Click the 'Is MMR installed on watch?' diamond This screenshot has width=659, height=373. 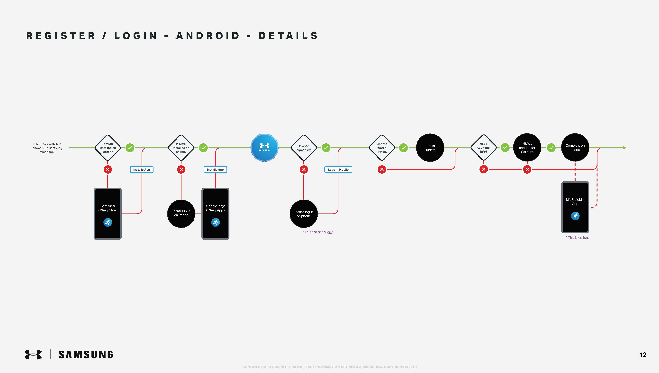(108, 148)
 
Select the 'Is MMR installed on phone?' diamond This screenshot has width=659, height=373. (181, 148)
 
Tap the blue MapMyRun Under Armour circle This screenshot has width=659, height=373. (264, 148)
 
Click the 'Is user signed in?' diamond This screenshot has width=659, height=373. (304, 148)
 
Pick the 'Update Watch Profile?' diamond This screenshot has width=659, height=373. (382, 148)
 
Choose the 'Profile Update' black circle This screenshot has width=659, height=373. (430, 148)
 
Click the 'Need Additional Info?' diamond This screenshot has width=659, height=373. (483, 148)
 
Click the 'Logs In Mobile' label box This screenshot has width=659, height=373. (338, 170)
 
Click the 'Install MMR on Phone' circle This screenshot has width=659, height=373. (181, 213)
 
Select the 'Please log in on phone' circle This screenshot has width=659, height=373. (304, 214)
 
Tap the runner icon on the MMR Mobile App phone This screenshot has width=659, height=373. (575, 216)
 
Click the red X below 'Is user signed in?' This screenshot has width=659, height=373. (304, 170)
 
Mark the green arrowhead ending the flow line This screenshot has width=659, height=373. (625, 148)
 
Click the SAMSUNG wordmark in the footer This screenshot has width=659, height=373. (86, 355)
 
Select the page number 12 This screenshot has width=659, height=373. (643, 355)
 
